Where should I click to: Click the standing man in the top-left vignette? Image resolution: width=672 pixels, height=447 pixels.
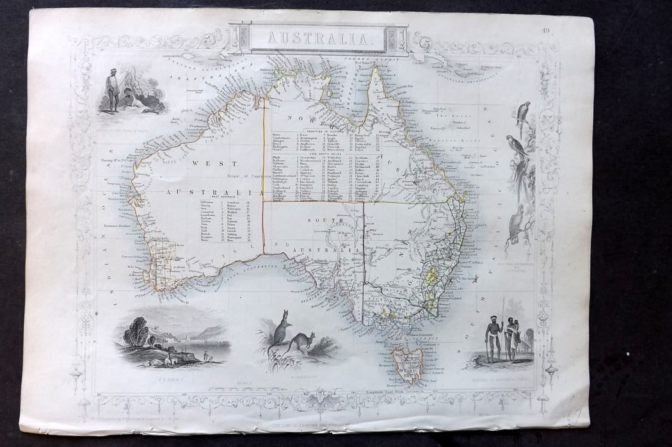click(x=113, y=90)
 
